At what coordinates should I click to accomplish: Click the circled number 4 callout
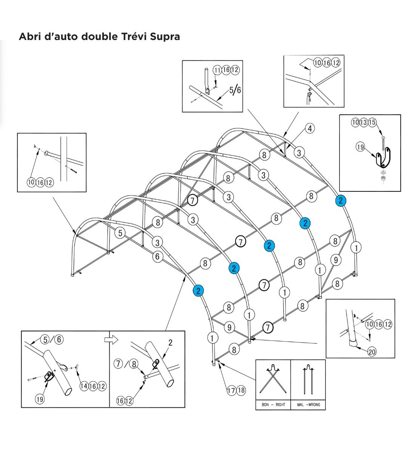(310, 128)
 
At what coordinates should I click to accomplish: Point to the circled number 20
(372, 352)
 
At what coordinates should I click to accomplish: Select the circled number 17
(231, 390)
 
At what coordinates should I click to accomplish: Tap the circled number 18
(241, 390)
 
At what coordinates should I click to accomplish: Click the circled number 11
(217, 70)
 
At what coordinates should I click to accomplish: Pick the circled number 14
(84, 386)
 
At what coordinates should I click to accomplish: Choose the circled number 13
(364, 122)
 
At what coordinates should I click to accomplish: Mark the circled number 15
(372, 122)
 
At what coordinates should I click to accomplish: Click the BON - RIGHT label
(273, 405)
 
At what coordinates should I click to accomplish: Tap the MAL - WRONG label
(308, 405)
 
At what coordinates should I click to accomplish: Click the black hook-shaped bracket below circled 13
(384, 158)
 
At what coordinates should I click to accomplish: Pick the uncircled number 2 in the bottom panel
(170, 343)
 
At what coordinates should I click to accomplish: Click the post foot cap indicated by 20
(354, 343)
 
